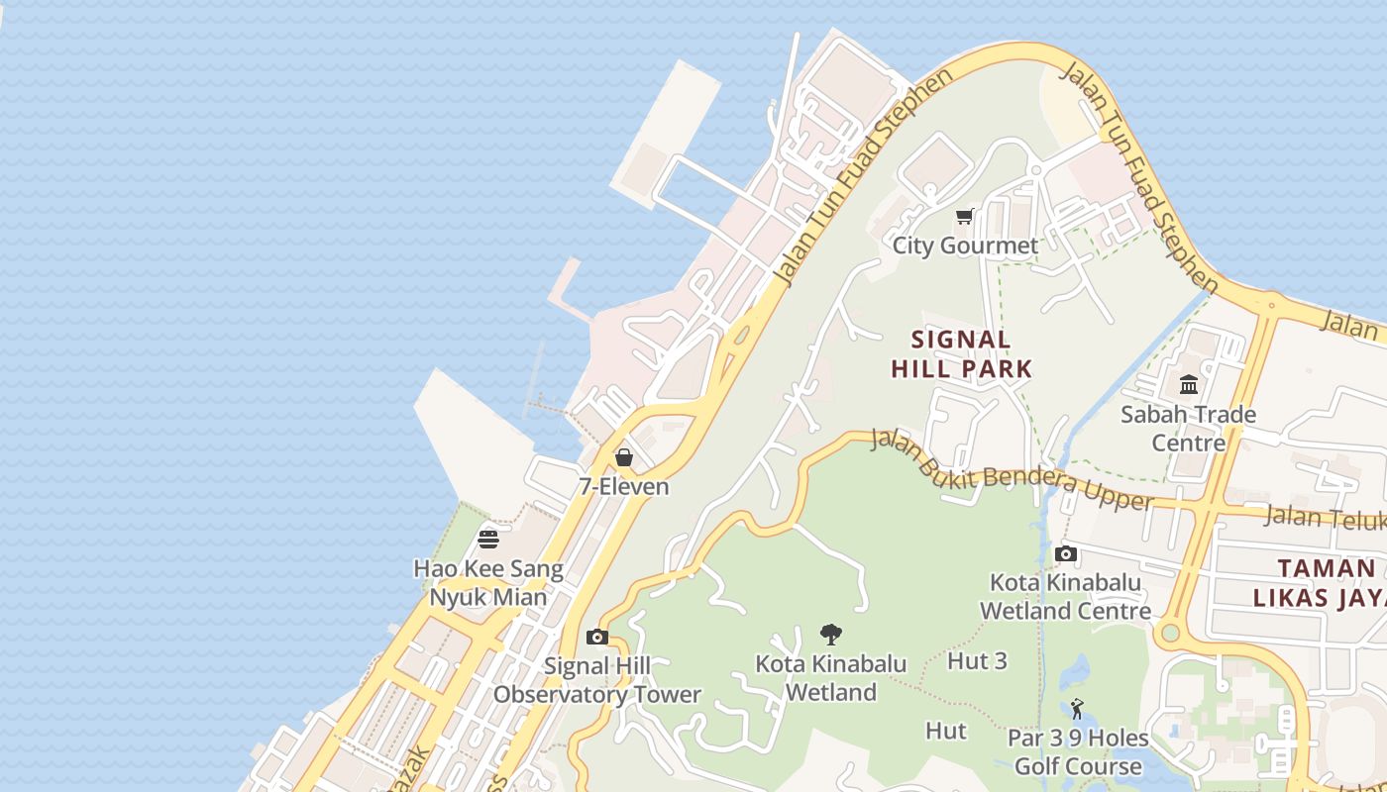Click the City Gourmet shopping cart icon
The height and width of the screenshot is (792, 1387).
(x=964, y=216)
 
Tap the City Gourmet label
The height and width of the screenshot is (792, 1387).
(x=965, y=246)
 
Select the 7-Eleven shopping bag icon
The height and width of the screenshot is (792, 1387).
(x=624, y=457)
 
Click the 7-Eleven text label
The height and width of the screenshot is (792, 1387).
(x=624, y=487)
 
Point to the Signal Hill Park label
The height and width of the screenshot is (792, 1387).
(x=961, y=354)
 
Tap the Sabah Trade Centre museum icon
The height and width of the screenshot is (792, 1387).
(x=1189, y=384)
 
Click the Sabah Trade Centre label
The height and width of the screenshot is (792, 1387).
(x=1188, y=428)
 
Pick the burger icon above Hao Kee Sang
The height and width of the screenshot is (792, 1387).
(x=488, y=540)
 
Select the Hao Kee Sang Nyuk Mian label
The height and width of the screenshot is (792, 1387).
(x=488, y=583)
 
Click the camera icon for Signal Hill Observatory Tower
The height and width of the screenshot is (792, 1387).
(x=596, y=637)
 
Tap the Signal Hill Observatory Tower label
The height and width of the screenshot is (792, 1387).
(x=596, y=680)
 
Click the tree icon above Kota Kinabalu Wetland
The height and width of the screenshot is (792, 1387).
(x=831, y=635)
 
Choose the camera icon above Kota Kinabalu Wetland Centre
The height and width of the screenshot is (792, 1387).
(x=1066, y=553)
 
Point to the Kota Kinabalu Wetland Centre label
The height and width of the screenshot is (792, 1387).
(x=1065, y=596)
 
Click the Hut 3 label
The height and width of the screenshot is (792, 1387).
(x=977, y=660)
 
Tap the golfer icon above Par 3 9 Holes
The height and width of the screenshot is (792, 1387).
(x=1078, y=709)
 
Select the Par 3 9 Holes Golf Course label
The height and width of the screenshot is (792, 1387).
(x=1078, y=752)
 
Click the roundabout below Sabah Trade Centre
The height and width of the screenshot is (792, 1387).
(x=1170, y=632)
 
